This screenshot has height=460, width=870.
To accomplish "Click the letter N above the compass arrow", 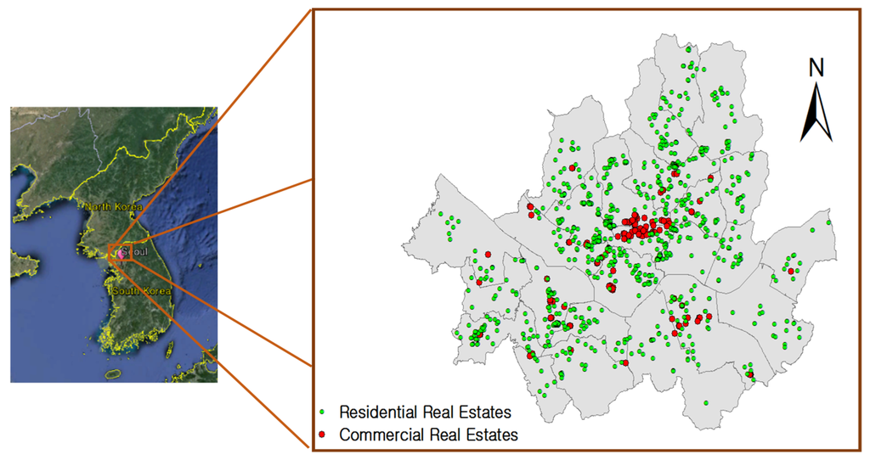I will pos(816,68).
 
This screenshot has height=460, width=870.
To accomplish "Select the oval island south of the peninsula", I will pos(112,373).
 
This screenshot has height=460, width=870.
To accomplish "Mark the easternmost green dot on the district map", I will pos(828,223).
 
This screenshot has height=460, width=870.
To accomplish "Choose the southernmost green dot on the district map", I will pos(705,403).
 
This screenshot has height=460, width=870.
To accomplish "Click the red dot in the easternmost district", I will pos(791,272).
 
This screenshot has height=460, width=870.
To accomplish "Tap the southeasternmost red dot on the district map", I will pos(749,374).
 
